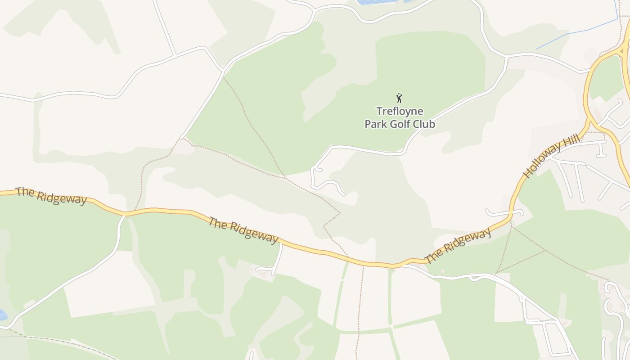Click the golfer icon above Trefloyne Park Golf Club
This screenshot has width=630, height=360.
399,98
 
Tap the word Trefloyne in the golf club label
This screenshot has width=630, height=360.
400,111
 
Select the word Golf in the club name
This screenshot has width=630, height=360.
400,124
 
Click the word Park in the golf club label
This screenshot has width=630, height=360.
375,124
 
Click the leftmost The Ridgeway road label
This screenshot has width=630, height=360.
51,196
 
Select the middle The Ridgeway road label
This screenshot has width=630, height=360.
243,230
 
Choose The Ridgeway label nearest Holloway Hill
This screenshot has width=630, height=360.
458,246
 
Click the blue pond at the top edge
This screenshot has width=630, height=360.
378,2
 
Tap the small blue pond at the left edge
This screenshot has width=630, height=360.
2,315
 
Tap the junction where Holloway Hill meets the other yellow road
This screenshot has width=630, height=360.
589,118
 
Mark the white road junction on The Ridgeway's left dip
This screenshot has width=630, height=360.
125,215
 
